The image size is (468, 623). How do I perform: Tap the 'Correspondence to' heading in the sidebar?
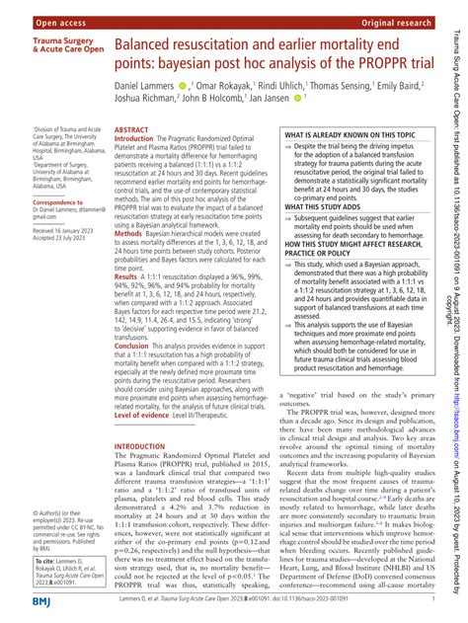coord(37,201)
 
